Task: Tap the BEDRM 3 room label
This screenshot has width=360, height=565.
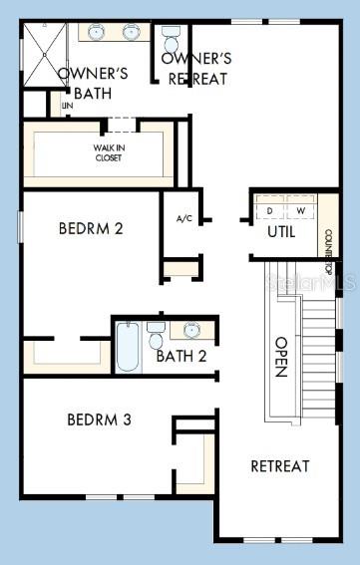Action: click(x=99, y=420)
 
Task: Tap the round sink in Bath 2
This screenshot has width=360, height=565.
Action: click(x=194, y=329)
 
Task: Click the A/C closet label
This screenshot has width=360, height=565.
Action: click(x=184, y=218)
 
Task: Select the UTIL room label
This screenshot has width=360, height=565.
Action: click(x=281, y=232)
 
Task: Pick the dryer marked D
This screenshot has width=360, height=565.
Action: click(x=269, y=211)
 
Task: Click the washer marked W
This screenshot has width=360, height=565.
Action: click(x=300, y=211)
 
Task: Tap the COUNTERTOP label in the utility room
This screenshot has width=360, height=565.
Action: click(x=327, y=241)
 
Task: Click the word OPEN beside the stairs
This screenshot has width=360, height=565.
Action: click(x=281, y=356)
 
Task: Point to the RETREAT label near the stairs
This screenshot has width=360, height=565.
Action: click(x=279, y=465)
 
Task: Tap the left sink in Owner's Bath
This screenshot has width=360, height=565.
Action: click(x=97, y=32)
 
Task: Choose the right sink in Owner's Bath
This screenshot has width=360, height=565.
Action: click(x=131, y=32)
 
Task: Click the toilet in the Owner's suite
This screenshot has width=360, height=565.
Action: click(x=171, y=41)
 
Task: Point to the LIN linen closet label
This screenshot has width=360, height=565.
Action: click(x=68, y=105)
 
